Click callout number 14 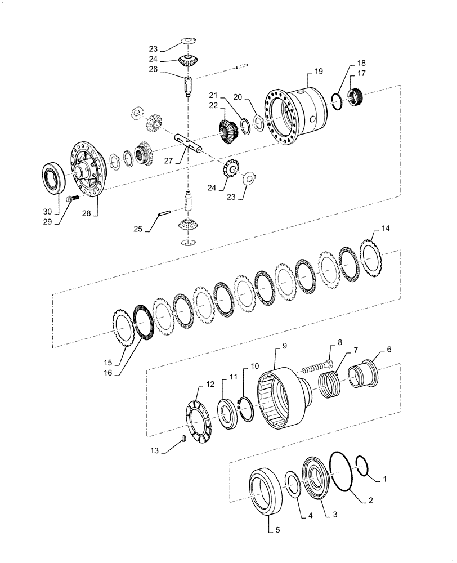click(385, 229)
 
